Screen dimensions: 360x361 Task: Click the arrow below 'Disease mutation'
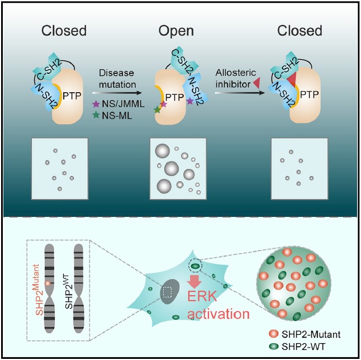[x=118, y=94]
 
